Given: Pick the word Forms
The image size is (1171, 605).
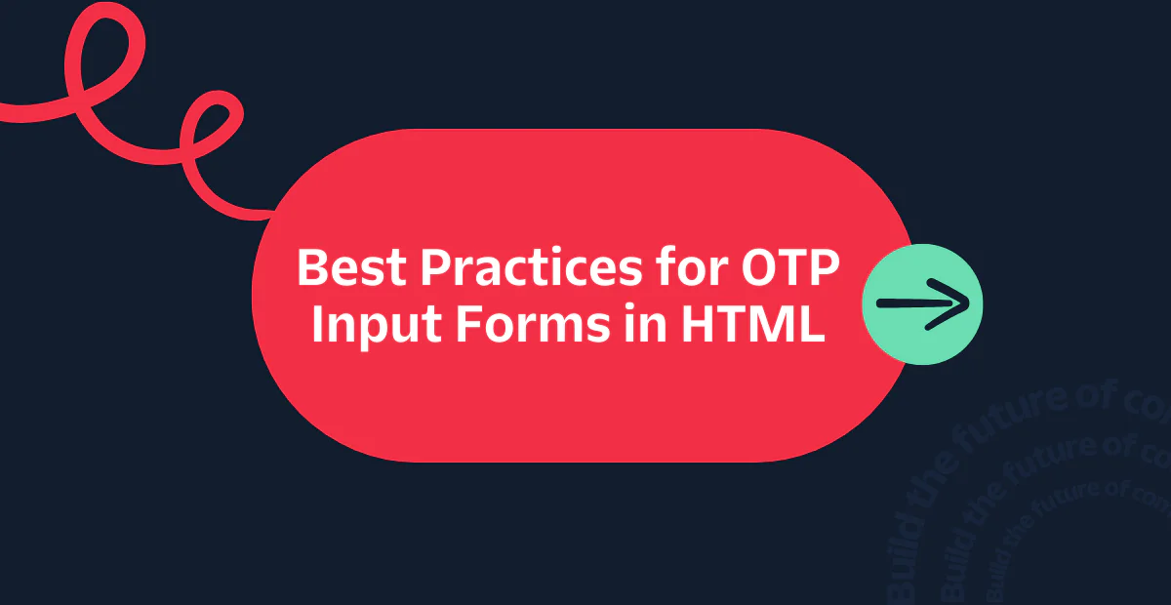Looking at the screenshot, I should pyautogui.click(x=522, y=324).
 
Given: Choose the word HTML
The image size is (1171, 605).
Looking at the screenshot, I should pyautogui.click(x=751, y=324).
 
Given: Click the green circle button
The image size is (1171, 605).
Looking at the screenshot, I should pyautogui.click(x=923, y=303).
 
